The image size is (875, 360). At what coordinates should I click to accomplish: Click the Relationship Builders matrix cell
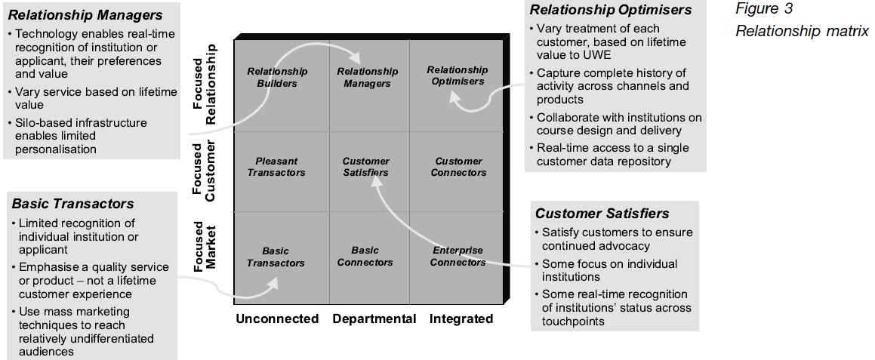coord(277,77)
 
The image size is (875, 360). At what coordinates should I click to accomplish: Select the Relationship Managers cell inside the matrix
coord(367,77)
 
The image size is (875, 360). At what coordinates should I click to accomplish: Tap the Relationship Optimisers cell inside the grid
coord(458,75)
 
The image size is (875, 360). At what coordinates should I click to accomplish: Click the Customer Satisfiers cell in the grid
coord(366,167)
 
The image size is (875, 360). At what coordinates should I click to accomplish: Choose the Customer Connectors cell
coord(459,167)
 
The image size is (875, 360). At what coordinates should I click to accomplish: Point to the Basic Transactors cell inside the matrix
coord(276,257)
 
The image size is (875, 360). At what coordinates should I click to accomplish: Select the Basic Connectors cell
coord(365,257)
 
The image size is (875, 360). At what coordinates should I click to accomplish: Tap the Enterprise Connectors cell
coord(458,257)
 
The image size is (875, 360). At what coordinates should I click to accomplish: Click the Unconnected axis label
coord(277,318)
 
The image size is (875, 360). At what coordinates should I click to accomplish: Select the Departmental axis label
coord(374,318)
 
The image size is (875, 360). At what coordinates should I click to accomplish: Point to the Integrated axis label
coord(461,318)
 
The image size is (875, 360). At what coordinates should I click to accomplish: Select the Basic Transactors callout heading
coord(73,204)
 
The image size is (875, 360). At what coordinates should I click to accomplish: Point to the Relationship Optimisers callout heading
coord(611,10)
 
